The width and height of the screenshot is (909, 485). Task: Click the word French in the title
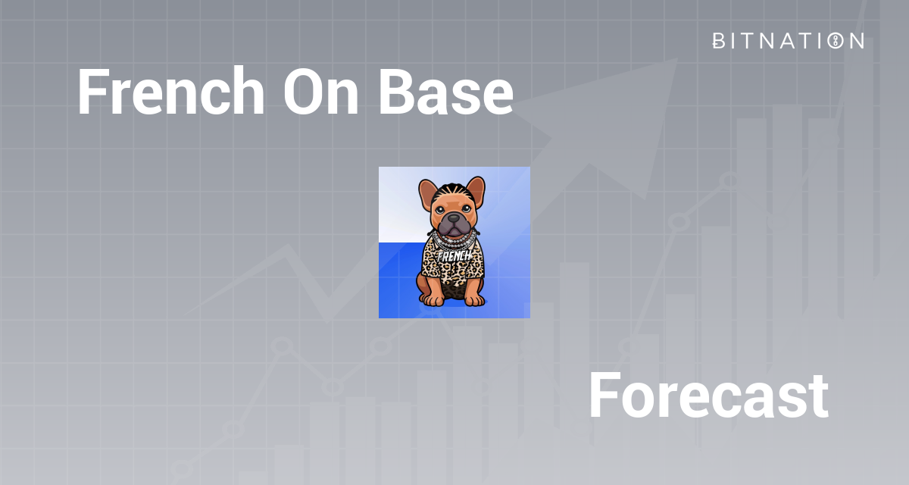click(170, 92)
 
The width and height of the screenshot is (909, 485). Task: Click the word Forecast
click(708, 396)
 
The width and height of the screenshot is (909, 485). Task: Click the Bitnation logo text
click(788, 41)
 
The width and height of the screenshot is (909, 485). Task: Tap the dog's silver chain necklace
click(453, 242)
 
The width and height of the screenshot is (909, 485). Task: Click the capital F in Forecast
click(603, 396)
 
